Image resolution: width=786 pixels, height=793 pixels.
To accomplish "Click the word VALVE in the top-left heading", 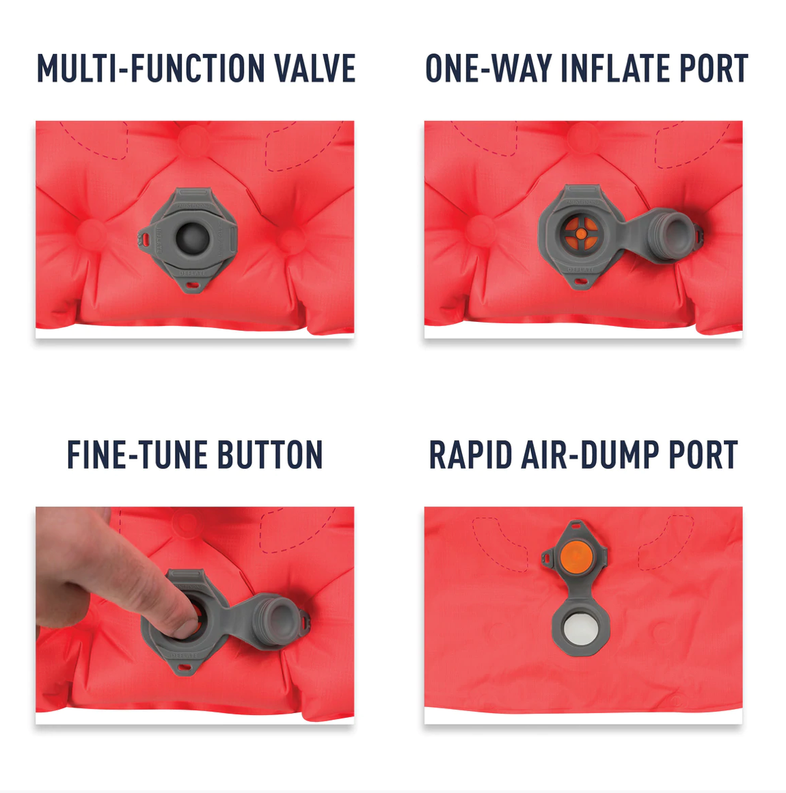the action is [314, 68].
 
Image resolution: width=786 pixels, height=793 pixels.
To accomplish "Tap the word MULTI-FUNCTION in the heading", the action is [151, 68].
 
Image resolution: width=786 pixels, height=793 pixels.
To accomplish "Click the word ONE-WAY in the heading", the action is [488, 68].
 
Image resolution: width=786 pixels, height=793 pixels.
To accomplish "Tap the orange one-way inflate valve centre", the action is [581, 233].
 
